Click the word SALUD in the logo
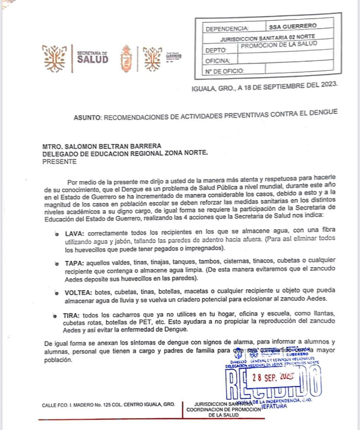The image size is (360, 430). pyautogui.click(x=93, y=60)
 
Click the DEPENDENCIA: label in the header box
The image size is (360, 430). pyautogui.click(x=227, y=29)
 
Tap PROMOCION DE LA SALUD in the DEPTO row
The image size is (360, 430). pyautogui.click(x=279, y=44)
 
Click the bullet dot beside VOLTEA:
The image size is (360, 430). pyautogui.click(x=57, y=293)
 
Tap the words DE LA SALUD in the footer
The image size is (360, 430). pyautogui.click(x=221, y=415)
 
